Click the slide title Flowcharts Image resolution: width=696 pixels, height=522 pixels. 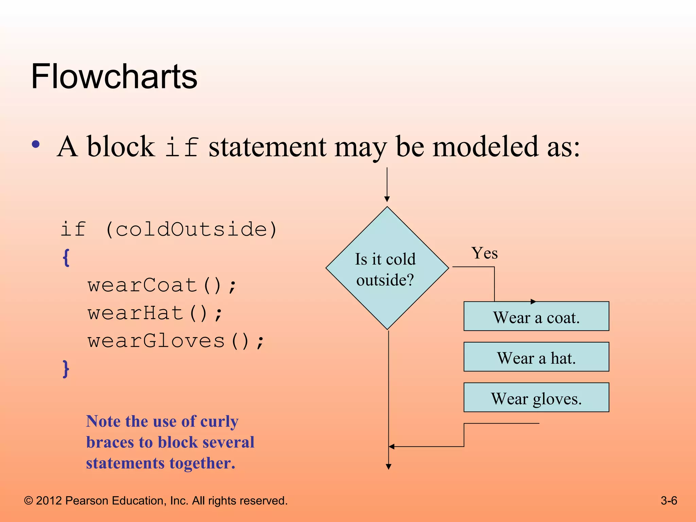pos(114,77)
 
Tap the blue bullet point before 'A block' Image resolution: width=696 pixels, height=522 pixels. pos(36,144)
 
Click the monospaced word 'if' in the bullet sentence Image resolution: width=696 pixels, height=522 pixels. pos(182,147)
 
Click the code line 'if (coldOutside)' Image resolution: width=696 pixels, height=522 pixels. pos(169,229)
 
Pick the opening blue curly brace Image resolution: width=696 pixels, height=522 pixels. pos(66,258)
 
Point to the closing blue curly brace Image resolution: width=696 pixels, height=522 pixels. pos(66,369)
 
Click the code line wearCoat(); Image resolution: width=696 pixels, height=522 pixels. pos(162,285)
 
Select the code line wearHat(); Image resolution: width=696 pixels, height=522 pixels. pos(155,313)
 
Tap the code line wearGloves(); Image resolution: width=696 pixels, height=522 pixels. pos(176,341)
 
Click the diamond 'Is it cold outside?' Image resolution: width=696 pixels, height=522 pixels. pos(387,268)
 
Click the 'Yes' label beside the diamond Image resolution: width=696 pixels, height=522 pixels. pos(484,254)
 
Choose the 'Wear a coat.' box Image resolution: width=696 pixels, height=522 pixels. pos(536,316)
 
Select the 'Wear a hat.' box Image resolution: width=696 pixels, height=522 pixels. pos(536,357)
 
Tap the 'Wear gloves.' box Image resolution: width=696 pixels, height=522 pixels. pos(536,398)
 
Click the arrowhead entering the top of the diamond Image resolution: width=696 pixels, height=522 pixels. pos(387,199)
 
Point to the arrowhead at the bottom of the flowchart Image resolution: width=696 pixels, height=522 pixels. pos(388,467)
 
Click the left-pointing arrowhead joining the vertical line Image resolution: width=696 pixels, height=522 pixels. pos(391,447)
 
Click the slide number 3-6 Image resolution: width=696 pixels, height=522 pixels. pos(668,501)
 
